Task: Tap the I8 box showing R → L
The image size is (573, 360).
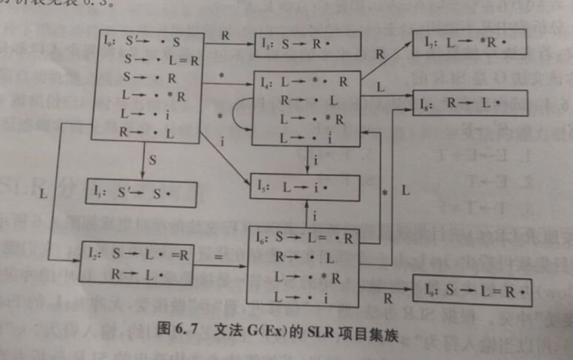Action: (471, 102)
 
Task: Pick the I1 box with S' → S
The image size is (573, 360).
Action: (141, 194)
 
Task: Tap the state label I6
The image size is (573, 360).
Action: (263, 237)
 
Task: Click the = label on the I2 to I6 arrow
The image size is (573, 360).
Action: (219, 258)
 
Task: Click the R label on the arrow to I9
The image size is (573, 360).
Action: (388, 298)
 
